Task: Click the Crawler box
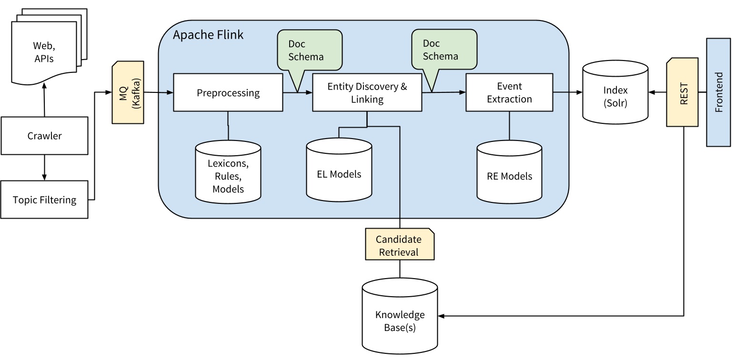tap(44, 136)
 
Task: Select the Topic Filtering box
tap(44, 200)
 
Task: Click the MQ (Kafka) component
tap(128, 92)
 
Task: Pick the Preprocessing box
tap(228, 93)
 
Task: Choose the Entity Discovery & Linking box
tap(367, 93)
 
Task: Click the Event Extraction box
tap(509, 93)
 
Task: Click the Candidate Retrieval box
tap(400, 245)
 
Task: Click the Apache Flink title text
tap(208, 35)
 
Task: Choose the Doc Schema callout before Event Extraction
tap(444, 50)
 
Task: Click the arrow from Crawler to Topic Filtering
tap(44, 168)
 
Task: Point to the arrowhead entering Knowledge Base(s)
tap(441, 316)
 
